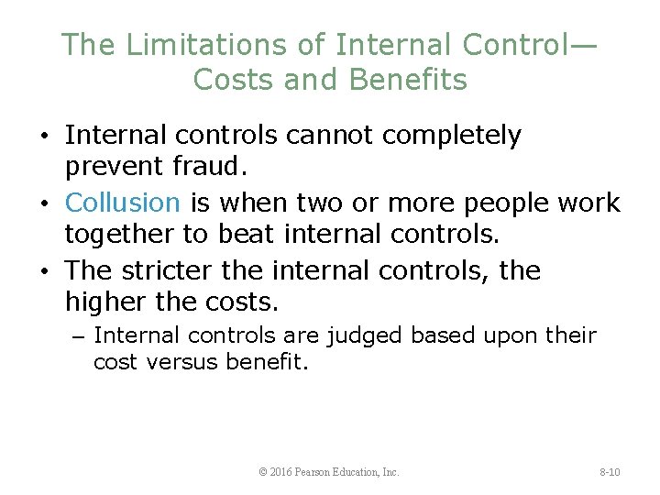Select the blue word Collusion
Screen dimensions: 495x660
[124, 202]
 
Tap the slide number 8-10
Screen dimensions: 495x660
[610, 472]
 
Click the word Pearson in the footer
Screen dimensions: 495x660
[322, 472]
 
